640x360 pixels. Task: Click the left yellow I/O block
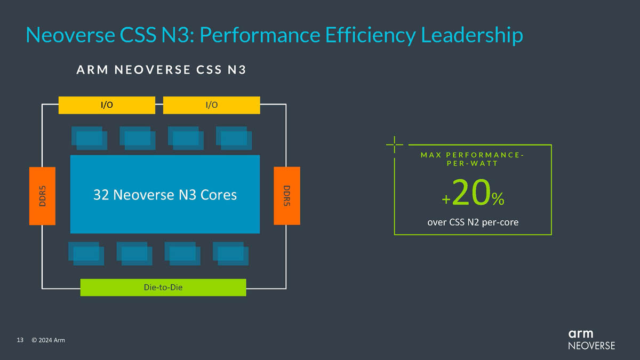(107, 105)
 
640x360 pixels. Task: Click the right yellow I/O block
(211, 105)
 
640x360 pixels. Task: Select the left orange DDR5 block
(42, 195)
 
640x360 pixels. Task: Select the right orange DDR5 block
(286, 195)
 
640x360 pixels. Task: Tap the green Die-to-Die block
(163, 287)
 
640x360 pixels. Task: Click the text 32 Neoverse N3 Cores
(165, 195)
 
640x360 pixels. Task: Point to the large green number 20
(471, 196)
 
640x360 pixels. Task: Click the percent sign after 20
(498, 200)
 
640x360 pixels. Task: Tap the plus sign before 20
(446, 200)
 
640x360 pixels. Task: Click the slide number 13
(21, 340)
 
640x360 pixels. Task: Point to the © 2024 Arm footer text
(48, 340)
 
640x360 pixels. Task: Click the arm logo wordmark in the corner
(580, 334)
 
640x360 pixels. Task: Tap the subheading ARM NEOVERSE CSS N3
(161, 69)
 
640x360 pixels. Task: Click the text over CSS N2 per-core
(473, 221)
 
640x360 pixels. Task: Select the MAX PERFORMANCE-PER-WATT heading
(473, 159)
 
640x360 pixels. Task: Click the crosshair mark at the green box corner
(394, 144)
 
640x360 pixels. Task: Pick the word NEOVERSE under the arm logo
(591, 346)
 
